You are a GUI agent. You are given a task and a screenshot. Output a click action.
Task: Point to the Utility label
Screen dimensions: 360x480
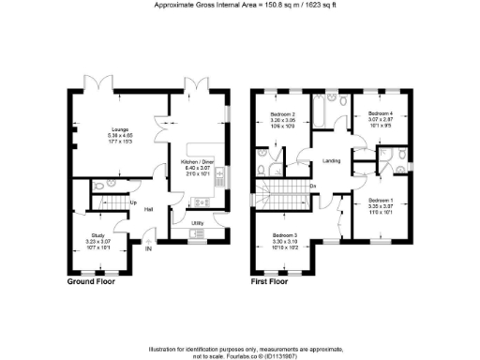[x=198, y=222]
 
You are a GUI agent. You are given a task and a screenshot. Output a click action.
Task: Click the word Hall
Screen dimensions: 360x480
[x=149, y=208]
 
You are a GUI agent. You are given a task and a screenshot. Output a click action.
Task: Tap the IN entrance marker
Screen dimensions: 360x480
[x=148, y=248]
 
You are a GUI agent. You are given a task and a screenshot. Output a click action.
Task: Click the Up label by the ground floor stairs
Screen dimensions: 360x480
[x=133, y=202]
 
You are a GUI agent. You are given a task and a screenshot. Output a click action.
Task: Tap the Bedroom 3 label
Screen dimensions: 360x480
[x=285, y=237]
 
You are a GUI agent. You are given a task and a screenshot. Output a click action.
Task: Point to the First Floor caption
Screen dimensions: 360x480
[x=273, y=281]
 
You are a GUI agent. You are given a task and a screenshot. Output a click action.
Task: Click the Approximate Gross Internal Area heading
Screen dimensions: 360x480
[x=239, y=5]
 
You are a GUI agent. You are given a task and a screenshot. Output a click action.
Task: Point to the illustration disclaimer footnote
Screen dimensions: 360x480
[x=239, y=352]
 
